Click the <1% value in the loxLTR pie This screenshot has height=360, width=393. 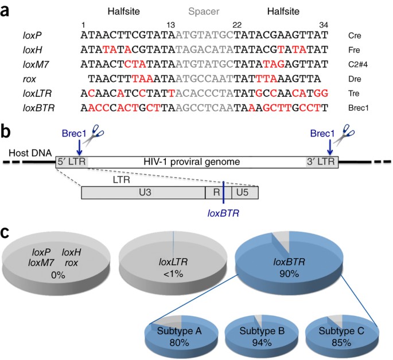click(x=175, y=274)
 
